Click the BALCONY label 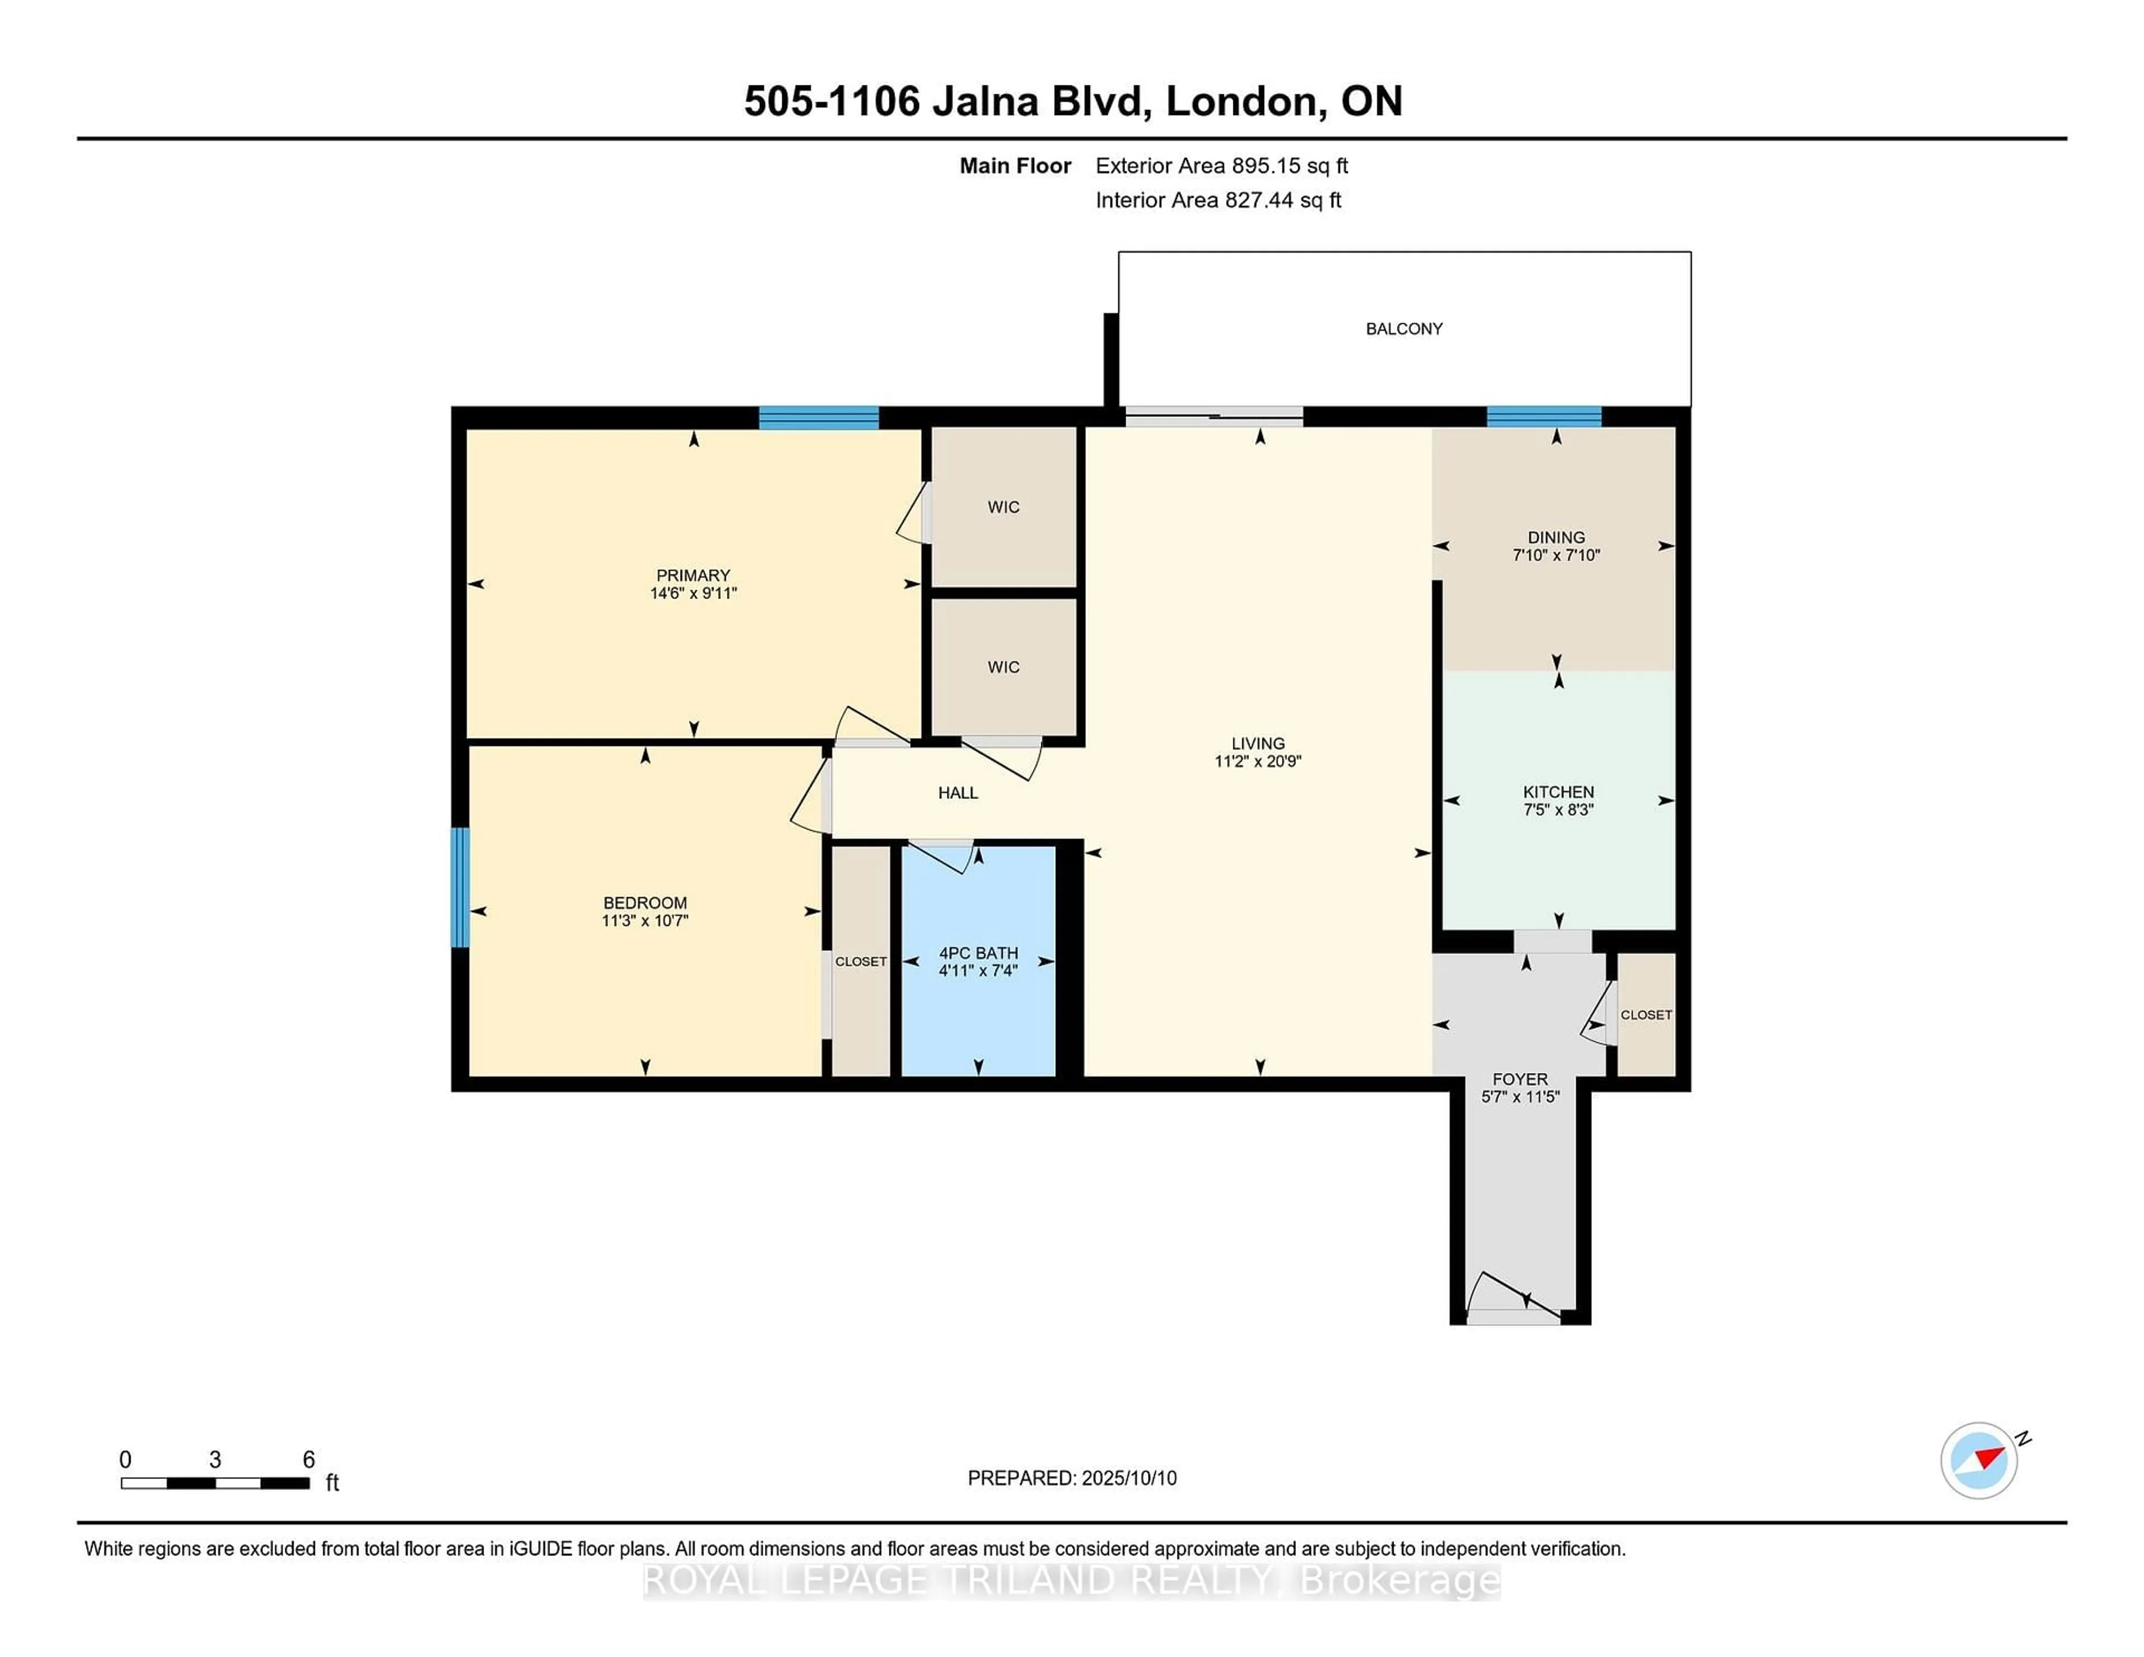coord(1404,329)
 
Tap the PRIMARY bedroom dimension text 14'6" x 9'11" coord(693,593)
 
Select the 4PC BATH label coord(979,953)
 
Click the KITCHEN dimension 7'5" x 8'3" coord(1558,810)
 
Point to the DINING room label coord(1556,537)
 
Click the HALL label coord(958,793)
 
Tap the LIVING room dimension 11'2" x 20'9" coord(1257,761)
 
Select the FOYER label coord(1520,1079)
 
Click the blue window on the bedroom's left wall coord(460,887)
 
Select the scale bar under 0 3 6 coord(215,1482)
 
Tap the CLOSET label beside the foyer coord(1647,1015)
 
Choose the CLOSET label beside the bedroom coord(861,962)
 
